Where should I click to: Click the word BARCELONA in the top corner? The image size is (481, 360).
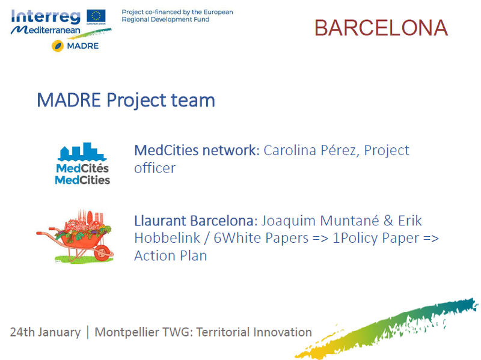[x=381, y=28]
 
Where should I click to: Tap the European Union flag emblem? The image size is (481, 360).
[x=96, y=17]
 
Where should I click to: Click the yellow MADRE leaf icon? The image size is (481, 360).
[x=58, y=46]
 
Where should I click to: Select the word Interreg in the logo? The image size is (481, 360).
[x=46, y=17]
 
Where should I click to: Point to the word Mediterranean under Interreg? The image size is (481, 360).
[x=46, y=30]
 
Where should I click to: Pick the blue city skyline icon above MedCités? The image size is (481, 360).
[x=82, y=152]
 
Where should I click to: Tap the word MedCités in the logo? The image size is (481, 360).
[x=82, y=168]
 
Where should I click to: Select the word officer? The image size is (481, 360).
[x=155, y=168]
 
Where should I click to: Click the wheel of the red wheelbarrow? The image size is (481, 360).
[x=103, y=252]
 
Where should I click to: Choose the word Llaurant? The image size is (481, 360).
[x=160, y=221]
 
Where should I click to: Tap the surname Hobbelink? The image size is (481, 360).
[x=167, y=238]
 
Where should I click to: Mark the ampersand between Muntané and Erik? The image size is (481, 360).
[x=388, y=221]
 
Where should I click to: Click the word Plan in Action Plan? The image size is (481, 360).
[x=193, y=256]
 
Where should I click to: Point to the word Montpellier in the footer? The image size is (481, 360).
[x=127, y=332]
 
